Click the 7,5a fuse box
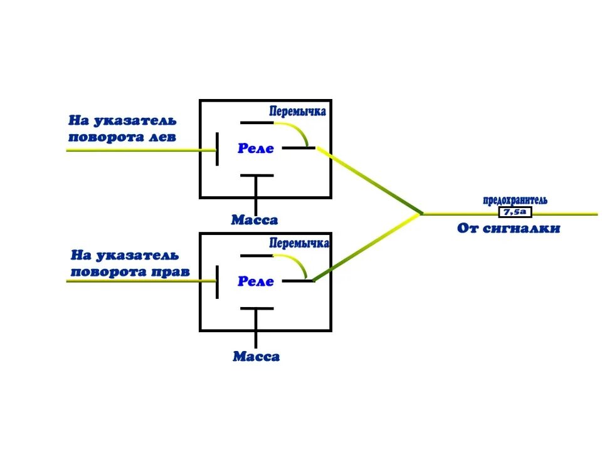[x=515, y=212]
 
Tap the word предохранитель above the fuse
[x=515, y=201]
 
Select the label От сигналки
[x=508, y=229]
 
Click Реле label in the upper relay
[x=256, y=149]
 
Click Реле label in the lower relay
[x=256, y=281]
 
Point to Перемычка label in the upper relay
[x=298, y=112]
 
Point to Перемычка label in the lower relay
[x=299, y=243]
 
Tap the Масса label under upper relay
[x=254, y=221]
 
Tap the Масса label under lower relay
[x=256, y=357]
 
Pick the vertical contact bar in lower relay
[x=217, y=281]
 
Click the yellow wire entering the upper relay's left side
[x=138, y=150]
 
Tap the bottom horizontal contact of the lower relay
[x=256, y=308]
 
